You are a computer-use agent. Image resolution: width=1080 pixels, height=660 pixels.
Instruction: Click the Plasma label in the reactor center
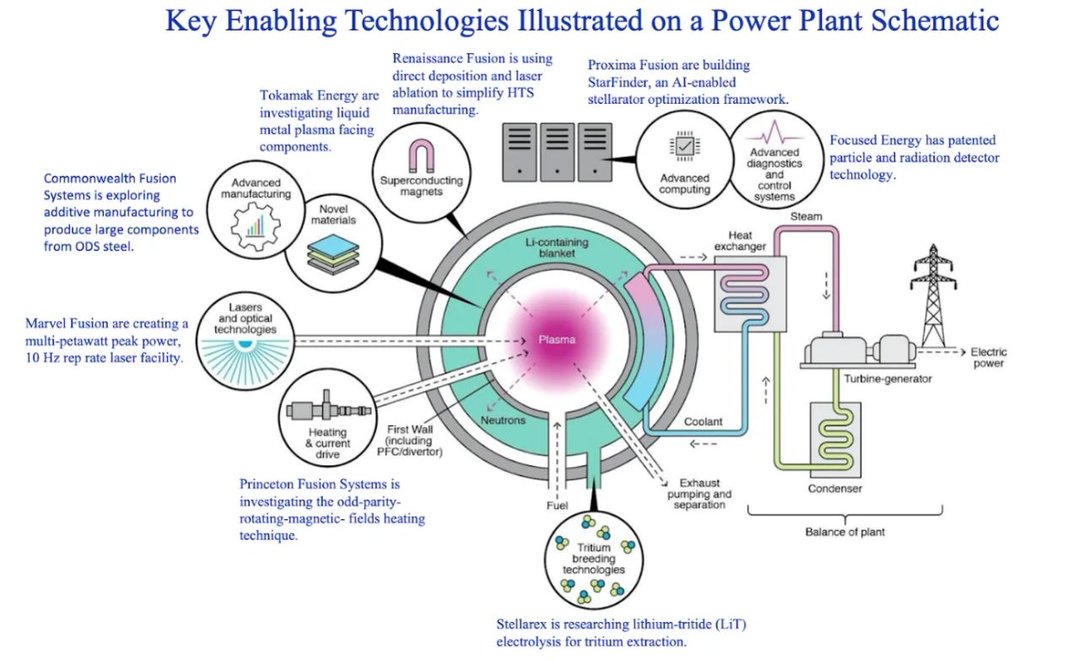click(x=557, y=340)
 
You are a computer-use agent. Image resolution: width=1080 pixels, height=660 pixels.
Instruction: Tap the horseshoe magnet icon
click(x=420, y=157)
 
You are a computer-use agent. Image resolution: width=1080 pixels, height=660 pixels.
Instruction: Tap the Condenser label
click(x=834, y=488)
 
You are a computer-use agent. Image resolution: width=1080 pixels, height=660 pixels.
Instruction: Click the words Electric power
click(x=988, y=358)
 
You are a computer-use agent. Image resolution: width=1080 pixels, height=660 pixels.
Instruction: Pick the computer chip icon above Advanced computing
click(x=684, y=147)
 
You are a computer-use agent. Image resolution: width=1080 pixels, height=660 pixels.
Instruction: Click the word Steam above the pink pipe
click(x=806, y=217)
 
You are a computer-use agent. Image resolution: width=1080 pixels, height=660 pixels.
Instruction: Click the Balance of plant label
click(x=845, y=532)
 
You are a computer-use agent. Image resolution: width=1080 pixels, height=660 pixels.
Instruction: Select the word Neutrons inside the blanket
click(x=504, y=419)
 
